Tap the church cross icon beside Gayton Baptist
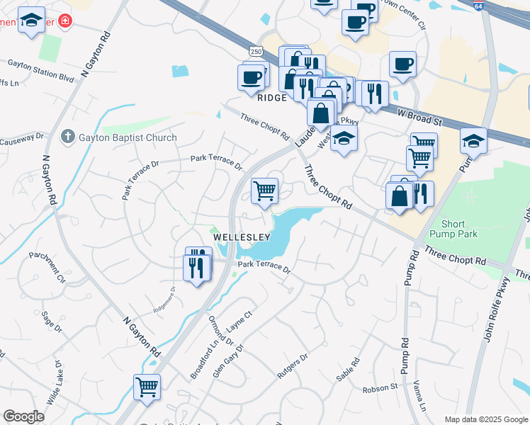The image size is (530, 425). tap(67, 136)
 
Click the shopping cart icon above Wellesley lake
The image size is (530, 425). tap(264, 190)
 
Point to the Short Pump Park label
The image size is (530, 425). tap(454, 229)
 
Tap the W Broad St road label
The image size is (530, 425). tap(419, 116)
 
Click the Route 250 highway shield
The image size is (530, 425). tap(256, 50)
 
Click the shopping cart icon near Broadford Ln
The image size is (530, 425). tap(147, 387)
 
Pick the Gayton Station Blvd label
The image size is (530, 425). tap(41, 69)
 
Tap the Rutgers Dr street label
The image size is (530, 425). tap(293, 367)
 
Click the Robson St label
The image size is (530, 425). tap(380, 388)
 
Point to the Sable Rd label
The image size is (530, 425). tap(348, 370)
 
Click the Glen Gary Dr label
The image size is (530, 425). tap(227, 361)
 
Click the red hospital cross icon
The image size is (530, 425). tap(66, 21)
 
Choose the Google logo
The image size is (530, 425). tap(23, 416)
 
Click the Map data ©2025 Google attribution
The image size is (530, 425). tap(485, 419)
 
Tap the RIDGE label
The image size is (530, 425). tap(271, 98)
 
